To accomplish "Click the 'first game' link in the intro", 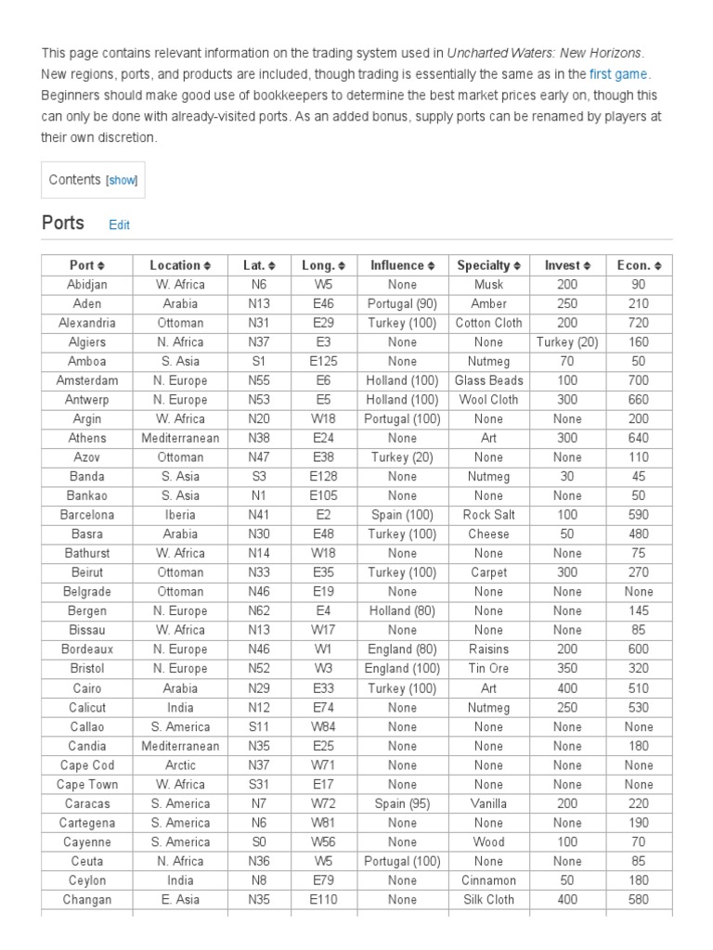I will [x=618, y=73].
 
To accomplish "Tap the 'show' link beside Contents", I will [x=122, y=181].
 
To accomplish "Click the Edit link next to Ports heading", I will [x=119, y=225].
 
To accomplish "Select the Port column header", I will [x=87, y=265].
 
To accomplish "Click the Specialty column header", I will [x=489, y=265].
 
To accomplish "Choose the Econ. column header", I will [x=639, y=265].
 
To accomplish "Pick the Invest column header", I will [x=567, y=265].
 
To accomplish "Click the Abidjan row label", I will [x=87, y=285].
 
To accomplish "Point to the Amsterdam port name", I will [x=87, y=380].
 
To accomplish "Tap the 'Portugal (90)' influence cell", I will [x=402, y=303].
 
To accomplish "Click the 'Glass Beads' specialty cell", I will [x=489, y=380].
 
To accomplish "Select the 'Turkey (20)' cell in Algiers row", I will [x=567, y=342].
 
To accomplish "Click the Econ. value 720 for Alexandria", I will [x=639, y=323].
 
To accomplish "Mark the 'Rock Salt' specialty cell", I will [x=489, y=515].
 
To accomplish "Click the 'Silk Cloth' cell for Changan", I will [x=489, y=899].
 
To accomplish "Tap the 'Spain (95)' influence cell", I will [x=402, y=803].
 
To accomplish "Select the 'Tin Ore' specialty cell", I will [x=489, y=668].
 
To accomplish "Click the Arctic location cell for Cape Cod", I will [x=180, y=765].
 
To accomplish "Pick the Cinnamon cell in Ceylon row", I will [x=489, y=880].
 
